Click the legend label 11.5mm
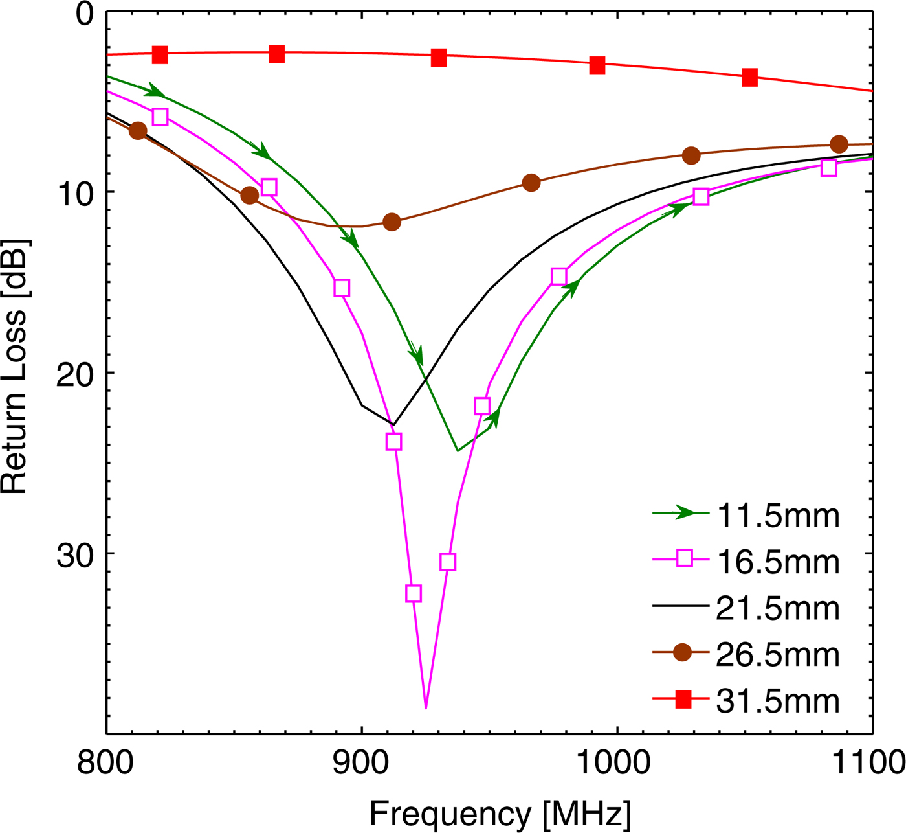tap(777, 516)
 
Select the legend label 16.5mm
tap(777, 562)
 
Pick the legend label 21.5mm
tap(777, 609)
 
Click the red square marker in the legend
tap(683, 700)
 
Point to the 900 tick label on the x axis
tap(361, 763)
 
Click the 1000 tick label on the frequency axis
tap(617, 763)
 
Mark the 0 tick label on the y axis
tap(85, 14)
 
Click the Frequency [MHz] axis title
tap(500, 814)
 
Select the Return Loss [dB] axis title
tap(14, 367)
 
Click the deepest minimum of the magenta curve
tap(425, 708)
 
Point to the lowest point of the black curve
tap(393, 425)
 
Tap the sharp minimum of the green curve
tap(458, 451)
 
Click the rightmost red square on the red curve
tap(749, 78)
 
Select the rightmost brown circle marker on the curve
tap(839, 144)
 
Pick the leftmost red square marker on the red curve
tap(160, 55)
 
